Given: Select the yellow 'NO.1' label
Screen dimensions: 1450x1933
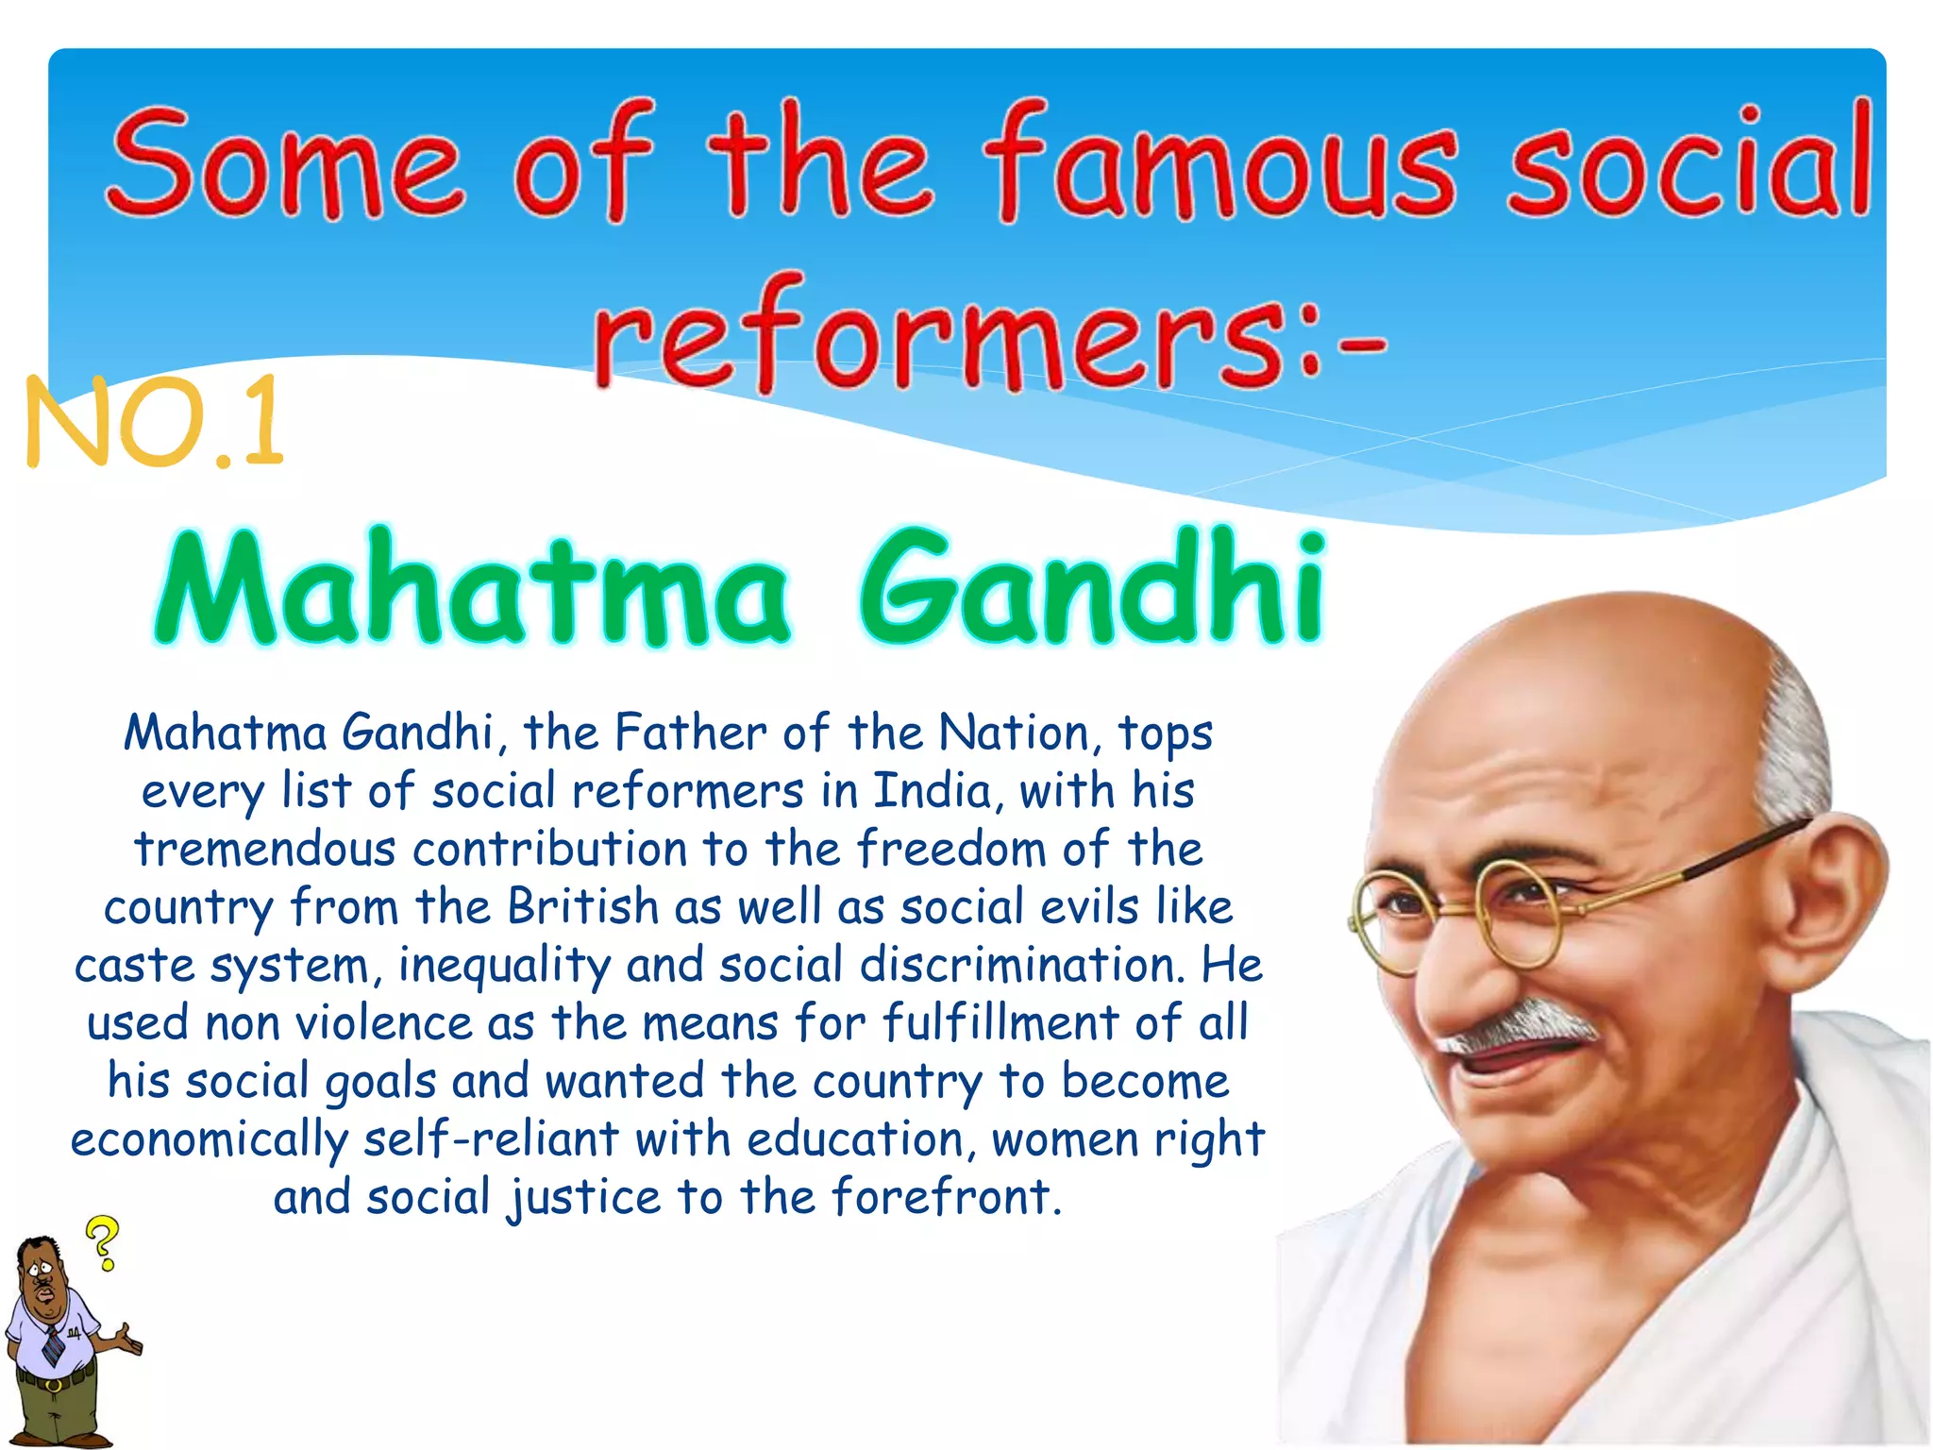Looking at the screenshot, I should click(x=154, y=422).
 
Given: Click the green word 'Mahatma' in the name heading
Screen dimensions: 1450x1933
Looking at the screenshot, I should click(x=471, y=590).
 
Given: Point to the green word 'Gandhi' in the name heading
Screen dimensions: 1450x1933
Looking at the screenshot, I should click(x=1092, y=588).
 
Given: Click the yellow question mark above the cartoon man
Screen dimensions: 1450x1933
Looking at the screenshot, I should click(x=103, y=1241).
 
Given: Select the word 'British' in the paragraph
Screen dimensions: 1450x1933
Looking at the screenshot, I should click(x=582, y=907).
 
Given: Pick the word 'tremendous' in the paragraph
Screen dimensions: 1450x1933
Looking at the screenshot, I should click(x=264, y=850).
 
